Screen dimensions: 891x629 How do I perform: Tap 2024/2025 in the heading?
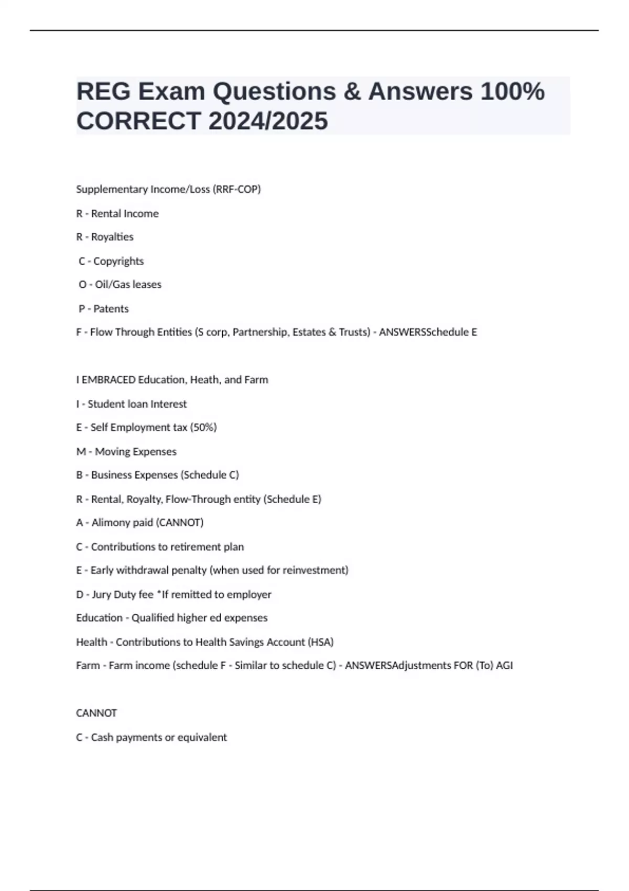268,121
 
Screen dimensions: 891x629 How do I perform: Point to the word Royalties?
112,237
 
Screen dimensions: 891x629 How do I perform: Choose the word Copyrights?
118,261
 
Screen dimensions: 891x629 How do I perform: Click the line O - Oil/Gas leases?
120,285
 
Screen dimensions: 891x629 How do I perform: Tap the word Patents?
111,309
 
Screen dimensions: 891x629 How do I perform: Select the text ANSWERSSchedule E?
428,332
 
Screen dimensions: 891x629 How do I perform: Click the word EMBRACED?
109,380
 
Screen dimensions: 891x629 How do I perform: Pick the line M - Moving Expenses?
126,452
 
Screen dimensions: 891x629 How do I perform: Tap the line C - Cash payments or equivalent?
151,737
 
